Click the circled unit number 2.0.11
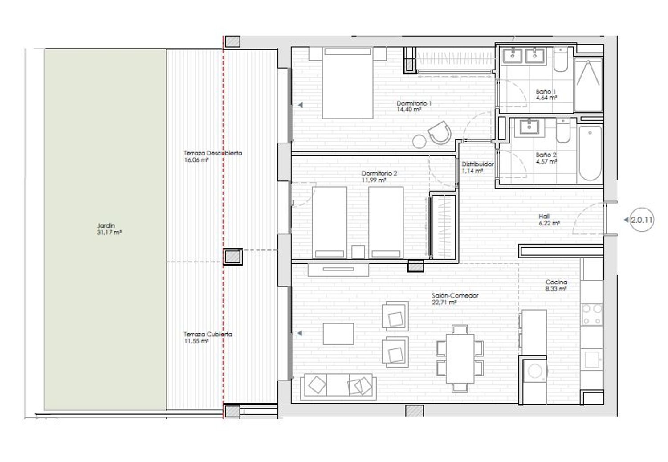coord(641,220)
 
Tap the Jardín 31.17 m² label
coord(109,229)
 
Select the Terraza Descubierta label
coord(212,153)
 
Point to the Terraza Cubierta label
coord(208,334)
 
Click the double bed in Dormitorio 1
coord(347,83)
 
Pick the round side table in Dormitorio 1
coord(419,141)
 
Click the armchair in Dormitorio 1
coord(440,132)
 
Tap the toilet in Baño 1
coord(561,59)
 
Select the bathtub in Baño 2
coord(590,153)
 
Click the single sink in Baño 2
coord(529,127)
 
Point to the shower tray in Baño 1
coord(588,85)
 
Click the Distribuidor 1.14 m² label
coord(477,168)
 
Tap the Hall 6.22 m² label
coord(549,220)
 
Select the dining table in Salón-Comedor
coord(460,359)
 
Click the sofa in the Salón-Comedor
coord(338,387)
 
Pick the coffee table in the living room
coord(338,334)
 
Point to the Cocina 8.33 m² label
coord(556,285)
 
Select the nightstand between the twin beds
coord(358,252)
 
